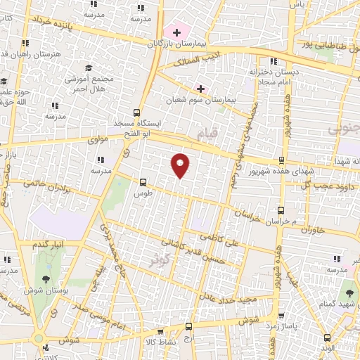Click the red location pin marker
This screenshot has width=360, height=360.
181,165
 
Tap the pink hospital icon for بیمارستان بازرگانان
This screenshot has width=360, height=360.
176,32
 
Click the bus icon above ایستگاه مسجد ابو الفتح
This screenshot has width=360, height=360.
136,112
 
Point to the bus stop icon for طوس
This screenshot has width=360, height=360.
143,181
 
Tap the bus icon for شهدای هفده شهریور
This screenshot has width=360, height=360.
282,160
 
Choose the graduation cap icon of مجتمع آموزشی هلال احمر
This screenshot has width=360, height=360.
89,67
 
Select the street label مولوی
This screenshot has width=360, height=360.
96,141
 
